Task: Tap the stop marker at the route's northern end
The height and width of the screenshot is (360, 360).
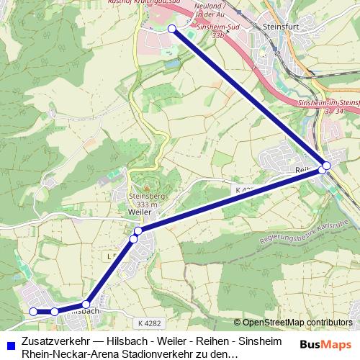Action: tap(171, 29)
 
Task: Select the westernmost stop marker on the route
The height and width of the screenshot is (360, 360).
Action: tap(33, 311)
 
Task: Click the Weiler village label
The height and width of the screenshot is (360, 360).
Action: tap(139, 214)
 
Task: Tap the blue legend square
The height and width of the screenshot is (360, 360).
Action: tap(9, 343)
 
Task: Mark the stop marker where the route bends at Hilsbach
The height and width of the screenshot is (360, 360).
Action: tap(86, 304)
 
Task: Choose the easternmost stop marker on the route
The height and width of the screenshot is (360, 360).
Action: tap(327, 166)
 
